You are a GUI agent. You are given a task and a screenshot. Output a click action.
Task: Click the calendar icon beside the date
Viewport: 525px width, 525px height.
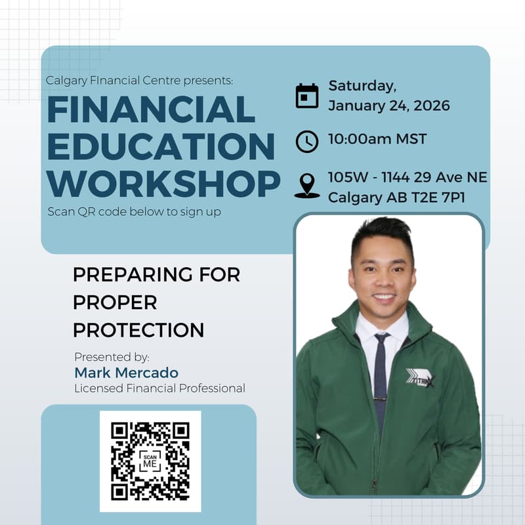306,96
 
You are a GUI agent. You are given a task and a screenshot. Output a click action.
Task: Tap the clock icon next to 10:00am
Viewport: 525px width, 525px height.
306,141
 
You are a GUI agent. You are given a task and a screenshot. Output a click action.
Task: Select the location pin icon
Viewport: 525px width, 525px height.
306,185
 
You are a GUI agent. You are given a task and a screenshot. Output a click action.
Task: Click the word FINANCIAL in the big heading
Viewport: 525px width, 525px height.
151,109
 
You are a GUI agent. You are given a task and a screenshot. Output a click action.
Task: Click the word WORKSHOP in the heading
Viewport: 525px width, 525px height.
164,184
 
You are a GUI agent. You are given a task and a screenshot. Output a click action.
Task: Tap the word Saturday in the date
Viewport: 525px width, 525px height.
362,86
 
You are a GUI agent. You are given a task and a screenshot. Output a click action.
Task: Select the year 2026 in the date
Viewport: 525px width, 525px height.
428,106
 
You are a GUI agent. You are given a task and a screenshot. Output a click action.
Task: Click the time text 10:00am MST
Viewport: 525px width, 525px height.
377,139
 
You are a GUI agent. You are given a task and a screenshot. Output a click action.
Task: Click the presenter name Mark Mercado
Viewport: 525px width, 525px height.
126,373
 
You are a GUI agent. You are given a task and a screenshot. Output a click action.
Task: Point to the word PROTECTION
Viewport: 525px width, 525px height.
138,329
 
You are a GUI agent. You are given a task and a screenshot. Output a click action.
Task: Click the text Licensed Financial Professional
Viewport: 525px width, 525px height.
159,388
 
